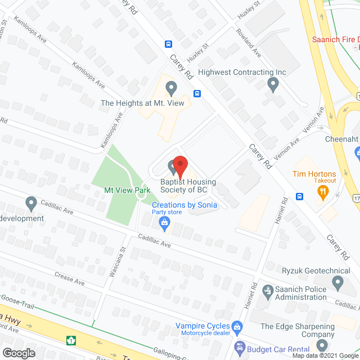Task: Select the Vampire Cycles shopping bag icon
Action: pos(237,326)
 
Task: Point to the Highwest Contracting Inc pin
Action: pos(273,84)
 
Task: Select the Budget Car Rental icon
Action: pos(240,349)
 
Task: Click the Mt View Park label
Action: pos(127,191)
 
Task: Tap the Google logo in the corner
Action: pos(18,353)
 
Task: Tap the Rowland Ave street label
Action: pos(249,42)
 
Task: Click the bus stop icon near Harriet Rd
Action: pos(300,196)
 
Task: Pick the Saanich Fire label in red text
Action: pos(336,40)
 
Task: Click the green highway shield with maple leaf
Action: pos(71,340)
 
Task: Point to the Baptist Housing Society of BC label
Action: pos(184,186)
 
